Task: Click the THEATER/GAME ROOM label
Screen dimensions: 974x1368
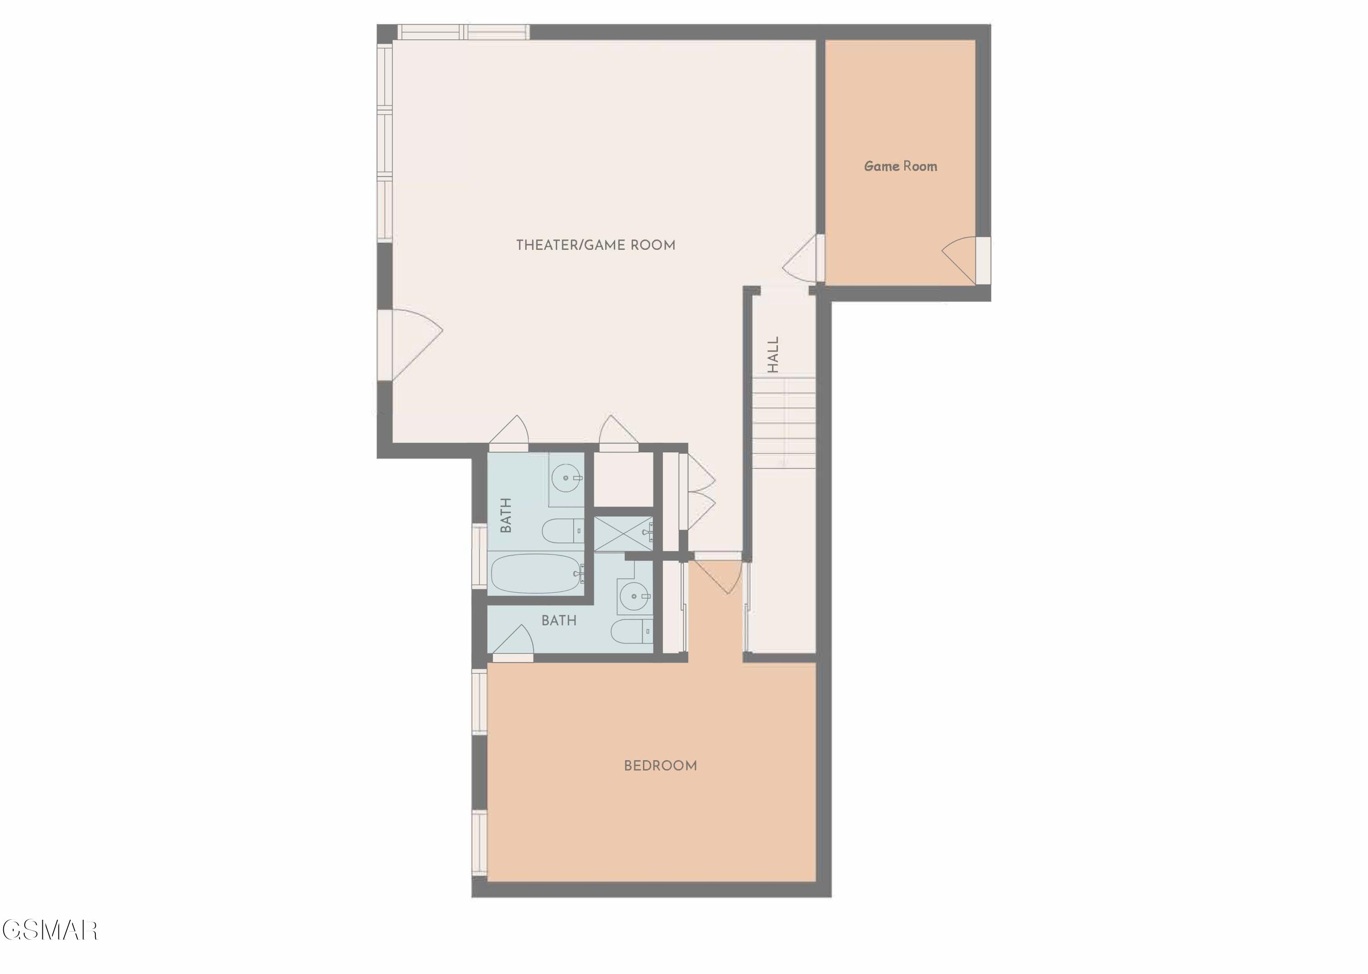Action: pos(596,245)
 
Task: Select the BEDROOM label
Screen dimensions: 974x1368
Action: pos(660,766)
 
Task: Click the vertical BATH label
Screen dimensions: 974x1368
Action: pos(506,515)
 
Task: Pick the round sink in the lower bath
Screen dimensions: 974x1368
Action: pos(634,596)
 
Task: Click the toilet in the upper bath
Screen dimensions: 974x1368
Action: pos(563,530)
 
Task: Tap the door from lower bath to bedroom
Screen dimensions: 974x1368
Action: pos(514,643)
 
